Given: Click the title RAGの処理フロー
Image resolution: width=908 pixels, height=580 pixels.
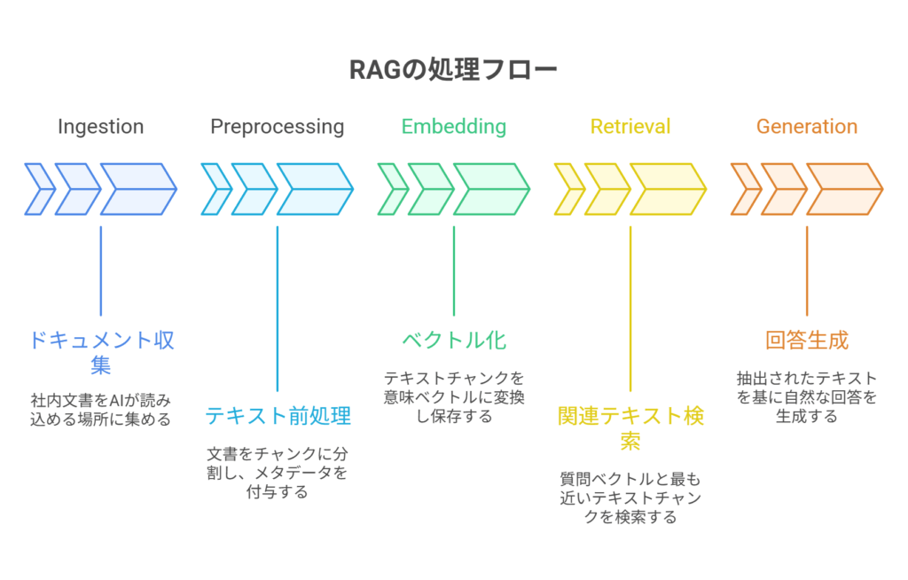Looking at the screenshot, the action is [x=453, y=70].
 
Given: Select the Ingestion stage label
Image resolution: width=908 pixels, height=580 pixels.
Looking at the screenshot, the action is [x=101, y=127].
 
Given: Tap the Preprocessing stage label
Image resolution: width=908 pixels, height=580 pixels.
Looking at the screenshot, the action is [x=278, y=127].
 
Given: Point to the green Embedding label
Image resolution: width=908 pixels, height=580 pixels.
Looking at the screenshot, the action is [x=454, y=126].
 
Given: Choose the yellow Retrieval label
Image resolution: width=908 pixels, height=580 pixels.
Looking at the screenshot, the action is [x=630, y=126].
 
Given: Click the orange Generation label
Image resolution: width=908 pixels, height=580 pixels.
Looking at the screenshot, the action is [x=807, y=126].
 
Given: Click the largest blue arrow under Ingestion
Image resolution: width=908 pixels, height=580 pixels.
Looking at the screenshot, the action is [x=139, y=189].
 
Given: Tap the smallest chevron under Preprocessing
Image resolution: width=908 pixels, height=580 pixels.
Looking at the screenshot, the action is [x=216, y=189].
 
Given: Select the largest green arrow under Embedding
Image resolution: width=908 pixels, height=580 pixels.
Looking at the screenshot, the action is [x=491, y=189].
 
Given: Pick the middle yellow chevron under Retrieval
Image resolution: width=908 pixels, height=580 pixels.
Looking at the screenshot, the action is [x=607, y=189].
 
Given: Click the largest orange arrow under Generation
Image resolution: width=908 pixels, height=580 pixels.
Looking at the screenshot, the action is [x=845, y=189].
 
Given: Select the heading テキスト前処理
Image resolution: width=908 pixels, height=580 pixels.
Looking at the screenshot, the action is [x=278, y=415].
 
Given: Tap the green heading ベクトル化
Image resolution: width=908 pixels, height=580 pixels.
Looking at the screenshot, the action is [x=454, y=341].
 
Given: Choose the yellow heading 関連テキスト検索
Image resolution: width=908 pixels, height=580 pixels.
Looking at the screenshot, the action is [x=630, y=428].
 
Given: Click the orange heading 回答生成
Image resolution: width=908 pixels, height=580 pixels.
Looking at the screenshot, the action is [x=807, y=341].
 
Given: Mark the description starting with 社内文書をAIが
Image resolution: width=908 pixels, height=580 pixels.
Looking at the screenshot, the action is [x=101, y=410].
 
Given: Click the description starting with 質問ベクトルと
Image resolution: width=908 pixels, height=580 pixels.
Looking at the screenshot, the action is [x=630, y=498].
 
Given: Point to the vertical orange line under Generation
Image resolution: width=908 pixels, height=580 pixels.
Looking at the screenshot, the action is [x=807, y=270].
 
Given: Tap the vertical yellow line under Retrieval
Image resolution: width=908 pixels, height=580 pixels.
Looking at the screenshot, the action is [x=630, y=309].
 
